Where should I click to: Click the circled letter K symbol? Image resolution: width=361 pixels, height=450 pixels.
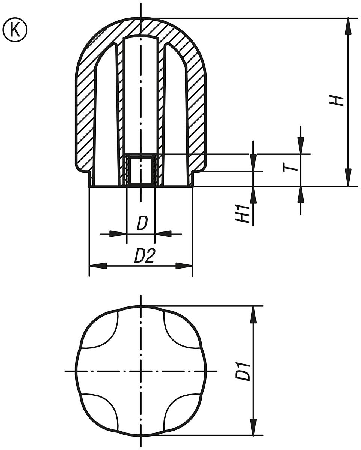click(15, 30)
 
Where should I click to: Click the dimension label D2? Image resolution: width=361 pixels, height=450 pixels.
click(145, 256)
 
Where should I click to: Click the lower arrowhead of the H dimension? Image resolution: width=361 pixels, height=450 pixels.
click(348, 178)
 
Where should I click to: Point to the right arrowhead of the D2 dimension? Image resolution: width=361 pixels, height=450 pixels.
click(184, 266)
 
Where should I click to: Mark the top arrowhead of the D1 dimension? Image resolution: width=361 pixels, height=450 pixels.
click(254, 314)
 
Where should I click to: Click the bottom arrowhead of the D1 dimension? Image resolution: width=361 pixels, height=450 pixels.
click(254, 427)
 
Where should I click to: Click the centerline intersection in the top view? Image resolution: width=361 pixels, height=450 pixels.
click(141, 371)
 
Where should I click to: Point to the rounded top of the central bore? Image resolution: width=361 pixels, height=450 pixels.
click(141, 38)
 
